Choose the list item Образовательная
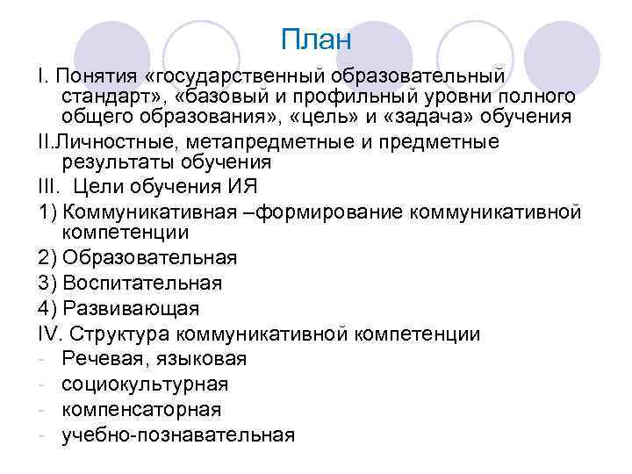pyautogui.click(x=150, y=258)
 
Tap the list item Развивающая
pyautogui.click(x=132, y=309)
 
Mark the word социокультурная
pyautogui.click(x=145, y=384)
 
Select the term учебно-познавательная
pyautogui.click(x=178, y=434)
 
